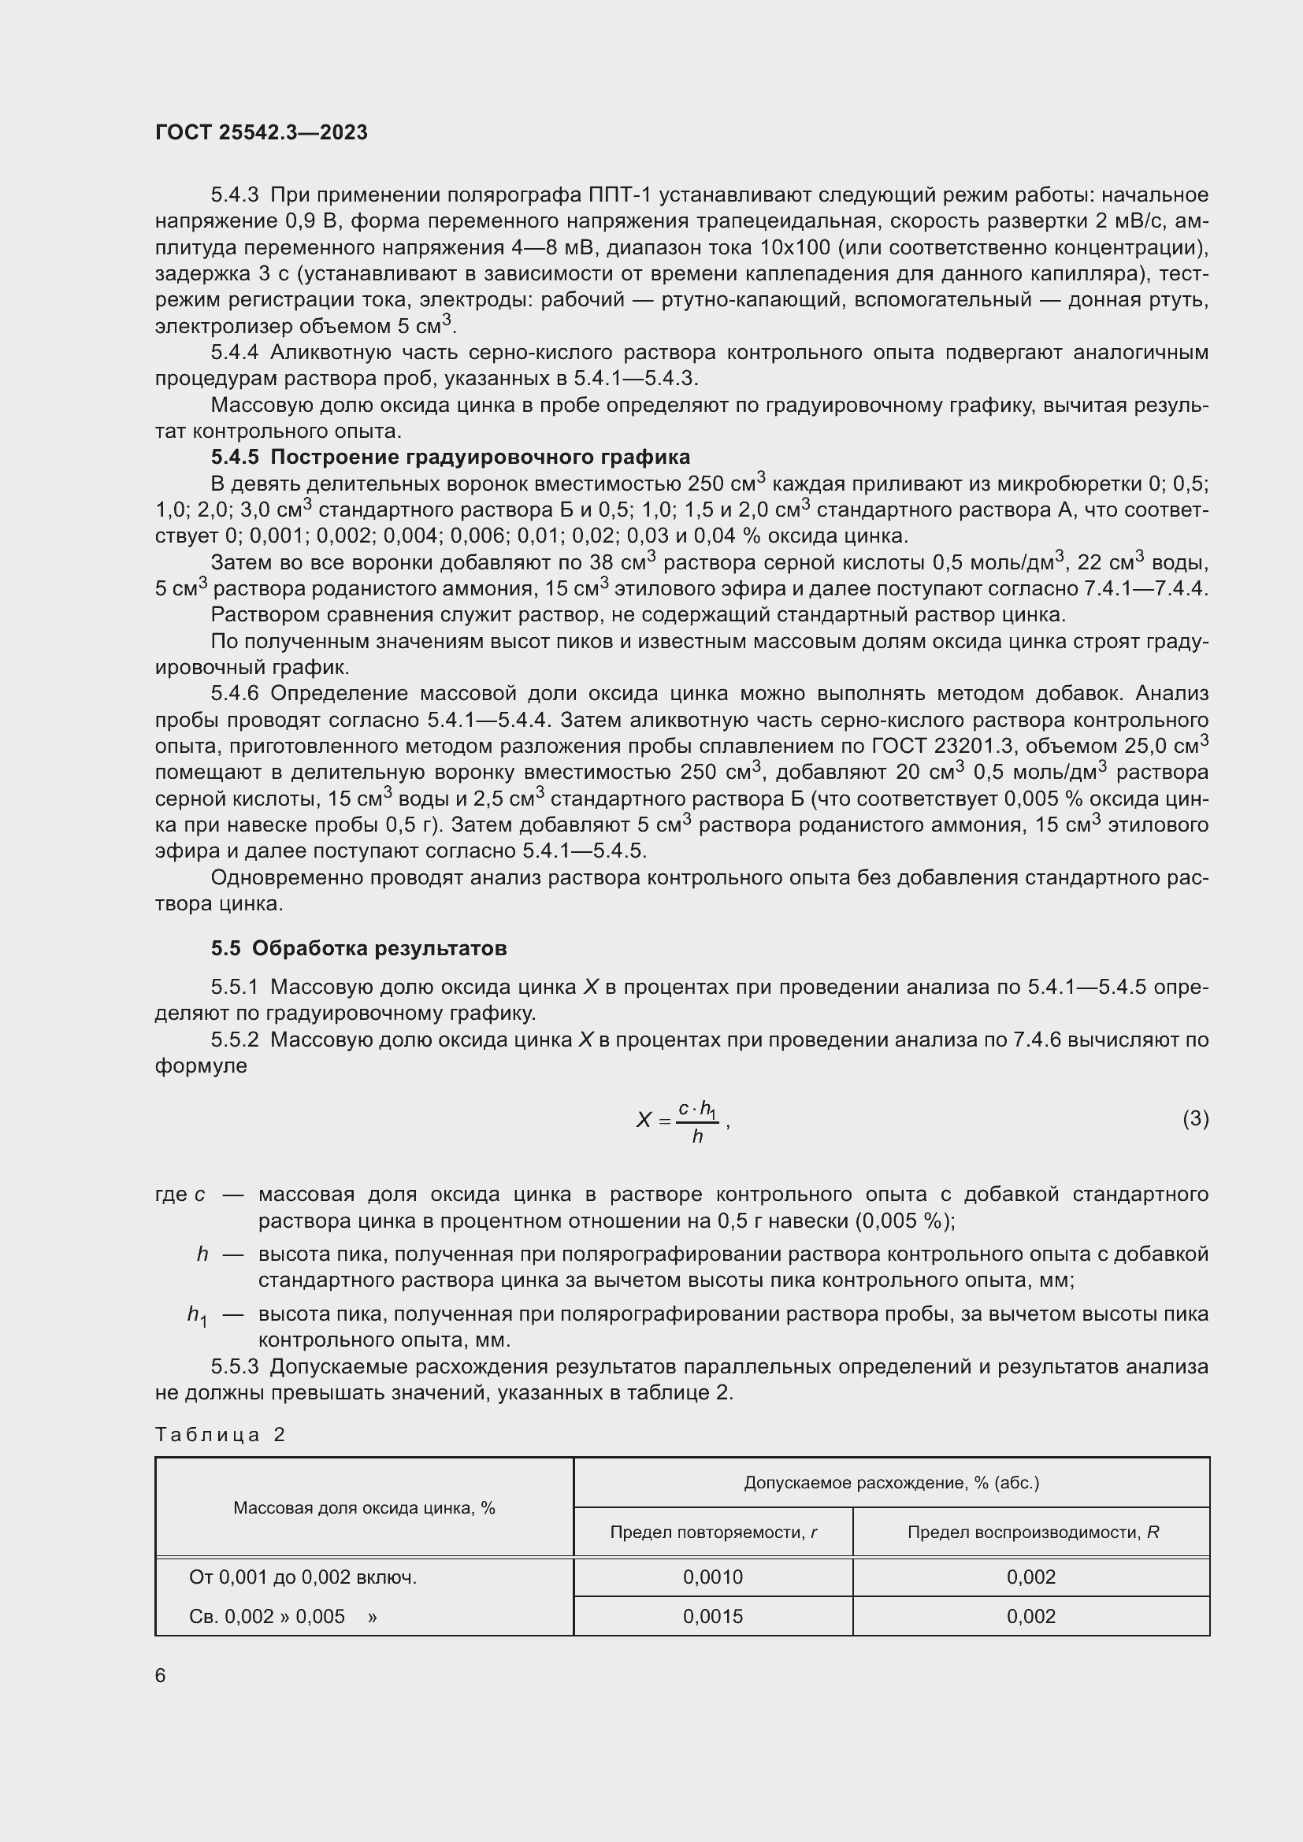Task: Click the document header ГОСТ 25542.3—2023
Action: [261, 132]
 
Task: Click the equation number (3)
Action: [1196, 1117]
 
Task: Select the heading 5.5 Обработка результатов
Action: [358, 948]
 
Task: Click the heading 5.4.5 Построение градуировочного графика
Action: [450, 458]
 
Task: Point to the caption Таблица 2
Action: [220, 1434]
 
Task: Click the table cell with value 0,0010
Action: [712, 1577]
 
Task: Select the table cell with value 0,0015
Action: [712, 1617]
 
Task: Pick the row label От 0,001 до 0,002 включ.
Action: [303, 1577]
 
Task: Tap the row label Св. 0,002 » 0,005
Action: [283, 1617]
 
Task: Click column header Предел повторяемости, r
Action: [712, 1533]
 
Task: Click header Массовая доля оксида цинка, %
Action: [364, 1508]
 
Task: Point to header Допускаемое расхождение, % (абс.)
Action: [892, 1483]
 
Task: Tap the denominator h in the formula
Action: [697, 1137]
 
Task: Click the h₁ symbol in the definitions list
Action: [197, 1315]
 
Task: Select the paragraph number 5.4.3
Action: [234, 196]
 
